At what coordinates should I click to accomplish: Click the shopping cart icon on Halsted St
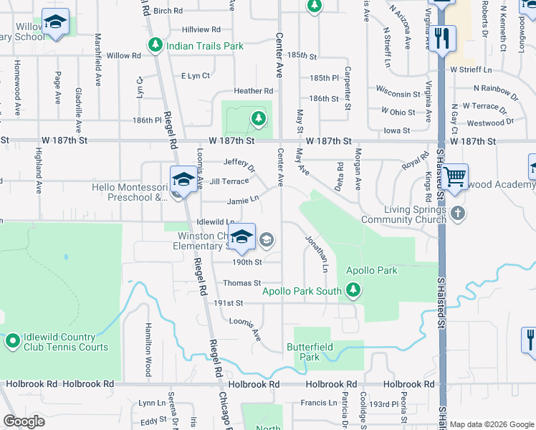455,176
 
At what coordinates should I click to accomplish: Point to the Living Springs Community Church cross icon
459,214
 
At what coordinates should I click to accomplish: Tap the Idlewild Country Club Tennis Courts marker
12,342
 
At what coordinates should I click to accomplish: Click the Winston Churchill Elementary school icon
243,239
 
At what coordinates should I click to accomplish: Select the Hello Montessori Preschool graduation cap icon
183,179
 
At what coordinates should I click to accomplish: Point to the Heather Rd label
254,91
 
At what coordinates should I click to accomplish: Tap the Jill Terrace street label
229,181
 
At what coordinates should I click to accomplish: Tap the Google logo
24,421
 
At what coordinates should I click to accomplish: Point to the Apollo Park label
371,271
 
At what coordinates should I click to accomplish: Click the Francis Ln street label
318,403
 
